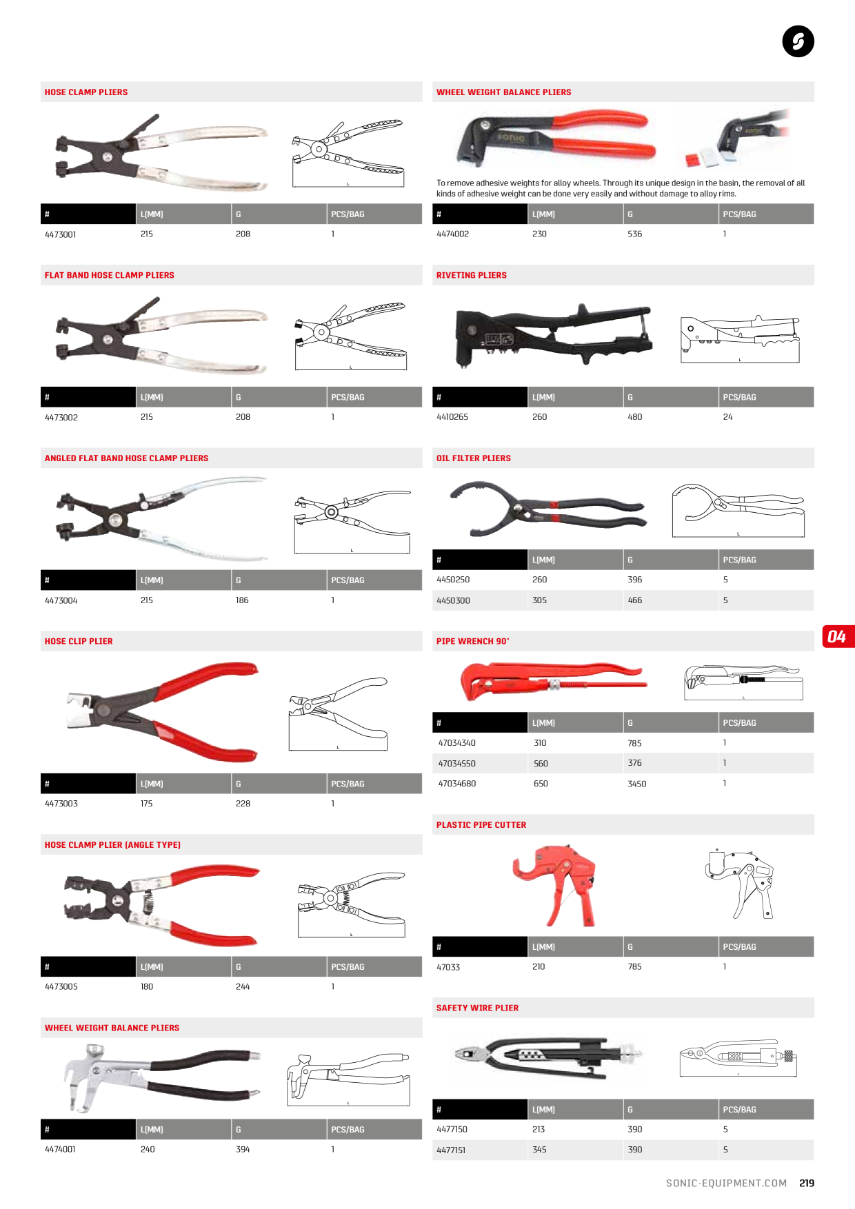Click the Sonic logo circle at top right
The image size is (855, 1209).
(x=798, y=41)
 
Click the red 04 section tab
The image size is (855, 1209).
(x=838, y=636)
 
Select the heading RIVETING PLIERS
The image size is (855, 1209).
(x=471, y=275)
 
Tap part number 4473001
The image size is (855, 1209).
(x=61, y=234)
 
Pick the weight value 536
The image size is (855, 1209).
(x=634, y=234)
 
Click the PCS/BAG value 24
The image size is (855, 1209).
(x=727, y=417)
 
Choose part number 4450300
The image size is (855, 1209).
(x=453, y=600)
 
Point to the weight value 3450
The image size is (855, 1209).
(x=636, y=784)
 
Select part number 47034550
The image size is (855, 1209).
(x=456, y=764)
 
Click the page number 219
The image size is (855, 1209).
(x=807, y=1183)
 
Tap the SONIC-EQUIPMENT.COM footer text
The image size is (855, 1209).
(x=726, y=1183)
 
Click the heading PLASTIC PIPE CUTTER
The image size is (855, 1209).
(x=481, y=824)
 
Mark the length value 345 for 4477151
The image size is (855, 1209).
(x=539, y=1150)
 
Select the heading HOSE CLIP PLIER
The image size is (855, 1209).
(x=79, y=641)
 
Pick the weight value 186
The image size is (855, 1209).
(x=242, y=600)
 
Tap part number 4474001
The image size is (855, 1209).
(x=60, y=1149)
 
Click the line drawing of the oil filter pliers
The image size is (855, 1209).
(x=738, y=510)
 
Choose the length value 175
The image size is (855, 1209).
(x=146, y=804)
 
